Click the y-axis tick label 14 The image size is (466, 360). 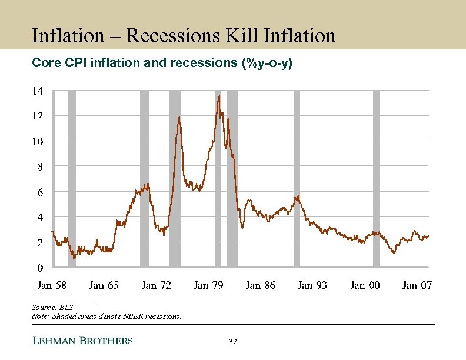point(37,91)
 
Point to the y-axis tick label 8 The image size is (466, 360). point(37,167)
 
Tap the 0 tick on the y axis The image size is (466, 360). point(39,268)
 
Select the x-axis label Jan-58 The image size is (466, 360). point(52,285)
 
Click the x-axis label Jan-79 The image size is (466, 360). point(208,285)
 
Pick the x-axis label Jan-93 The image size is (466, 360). point(312,285)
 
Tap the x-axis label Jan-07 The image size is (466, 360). point(417,285)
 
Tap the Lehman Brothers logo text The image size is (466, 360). point(82,341)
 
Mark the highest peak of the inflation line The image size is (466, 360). point(219,95)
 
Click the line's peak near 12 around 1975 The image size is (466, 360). point(179,117)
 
